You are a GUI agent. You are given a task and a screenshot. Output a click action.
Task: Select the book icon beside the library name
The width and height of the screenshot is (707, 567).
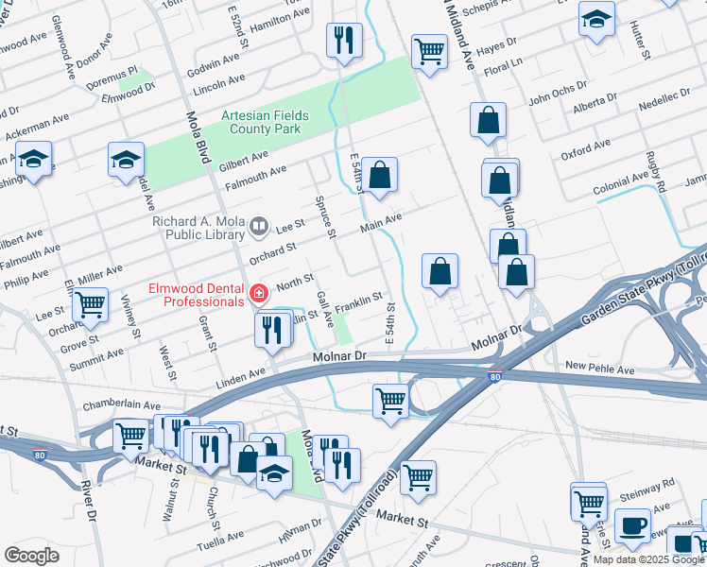click(x=258, y=227)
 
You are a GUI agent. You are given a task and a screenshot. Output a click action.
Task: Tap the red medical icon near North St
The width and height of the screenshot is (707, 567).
click(x=258, y=294)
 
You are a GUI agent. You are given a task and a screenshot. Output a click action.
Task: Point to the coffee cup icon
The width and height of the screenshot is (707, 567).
click(x=632, y=524)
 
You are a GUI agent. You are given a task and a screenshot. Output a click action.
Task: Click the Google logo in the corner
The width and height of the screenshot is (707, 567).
click(x=31, y=556)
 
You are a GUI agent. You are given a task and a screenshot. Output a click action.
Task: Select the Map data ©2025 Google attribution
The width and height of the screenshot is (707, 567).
click(x=648, y=559)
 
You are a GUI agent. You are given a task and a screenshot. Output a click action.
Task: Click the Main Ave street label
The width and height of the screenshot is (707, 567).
click(x=381, y=223)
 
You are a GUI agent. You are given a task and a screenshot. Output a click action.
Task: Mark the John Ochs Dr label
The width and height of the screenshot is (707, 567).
click(x=551, y=98)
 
